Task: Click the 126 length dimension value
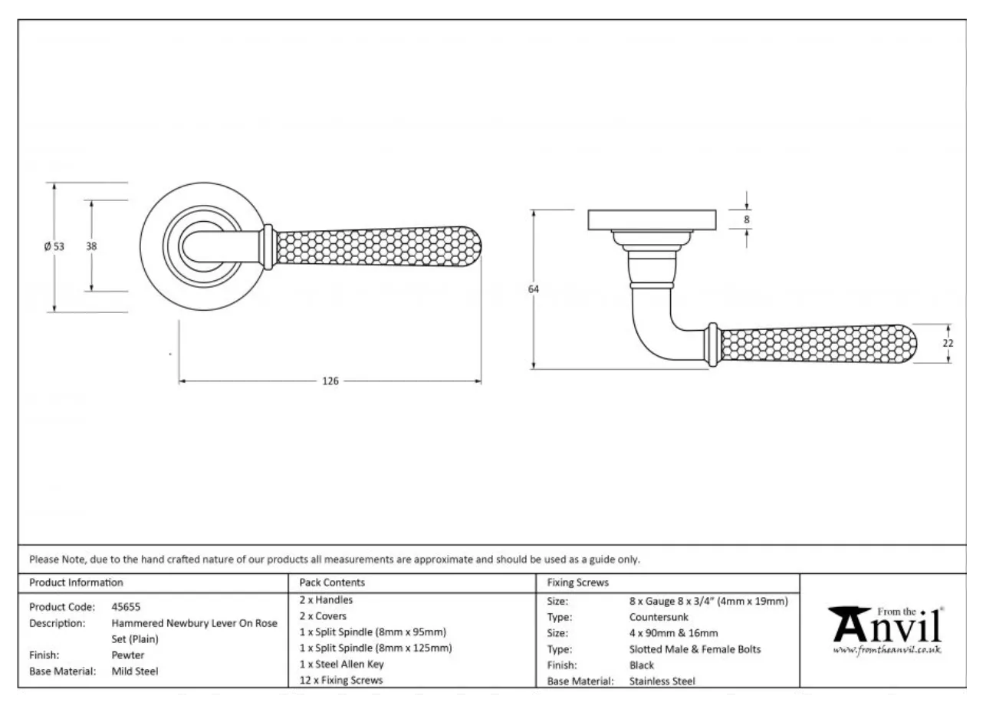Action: click(x=330, y=381)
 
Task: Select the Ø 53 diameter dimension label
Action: click(x=54, y=246)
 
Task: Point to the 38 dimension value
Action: click(x=92, y=246)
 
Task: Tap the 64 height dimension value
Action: click(x=534, y=289)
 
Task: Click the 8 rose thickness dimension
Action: click(x=747, y=219)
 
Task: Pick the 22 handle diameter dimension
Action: click(x=948, y=343)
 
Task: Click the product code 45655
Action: click(x=126, y=607)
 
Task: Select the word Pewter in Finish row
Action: click(x=127, y=655)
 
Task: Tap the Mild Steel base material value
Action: click(x=135, y=671)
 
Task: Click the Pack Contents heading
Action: click(x=332, y=582)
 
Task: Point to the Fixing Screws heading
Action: click(x=577, y=582)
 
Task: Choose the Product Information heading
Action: click(x=76, y=582)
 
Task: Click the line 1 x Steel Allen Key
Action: click(x=341, y=665)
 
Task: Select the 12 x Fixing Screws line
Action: click(x=340, y=680)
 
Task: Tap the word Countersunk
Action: click(x=659, y=617)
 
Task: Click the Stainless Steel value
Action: click(x=662, y=681)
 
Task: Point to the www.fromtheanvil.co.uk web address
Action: click(x=887, y=650)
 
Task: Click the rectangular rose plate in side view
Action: click(x=652, y=219)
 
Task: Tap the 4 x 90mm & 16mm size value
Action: click(x=673, y=633)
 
